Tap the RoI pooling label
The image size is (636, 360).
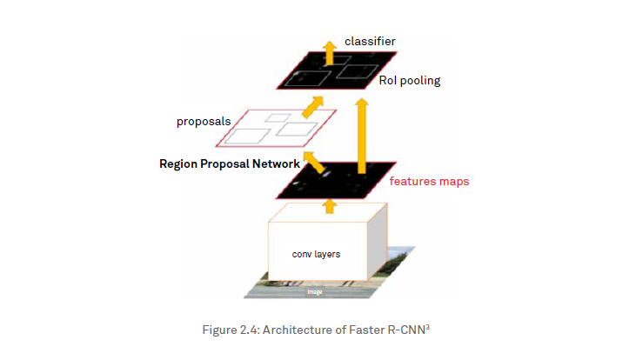click(409, 81)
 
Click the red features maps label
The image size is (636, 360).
click(429, 182)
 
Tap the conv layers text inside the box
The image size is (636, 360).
click(317, 255)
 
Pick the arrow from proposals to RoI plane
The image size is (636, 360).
click(310, 106)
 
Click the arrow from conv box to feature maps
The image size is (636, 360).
click(330, 205)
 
